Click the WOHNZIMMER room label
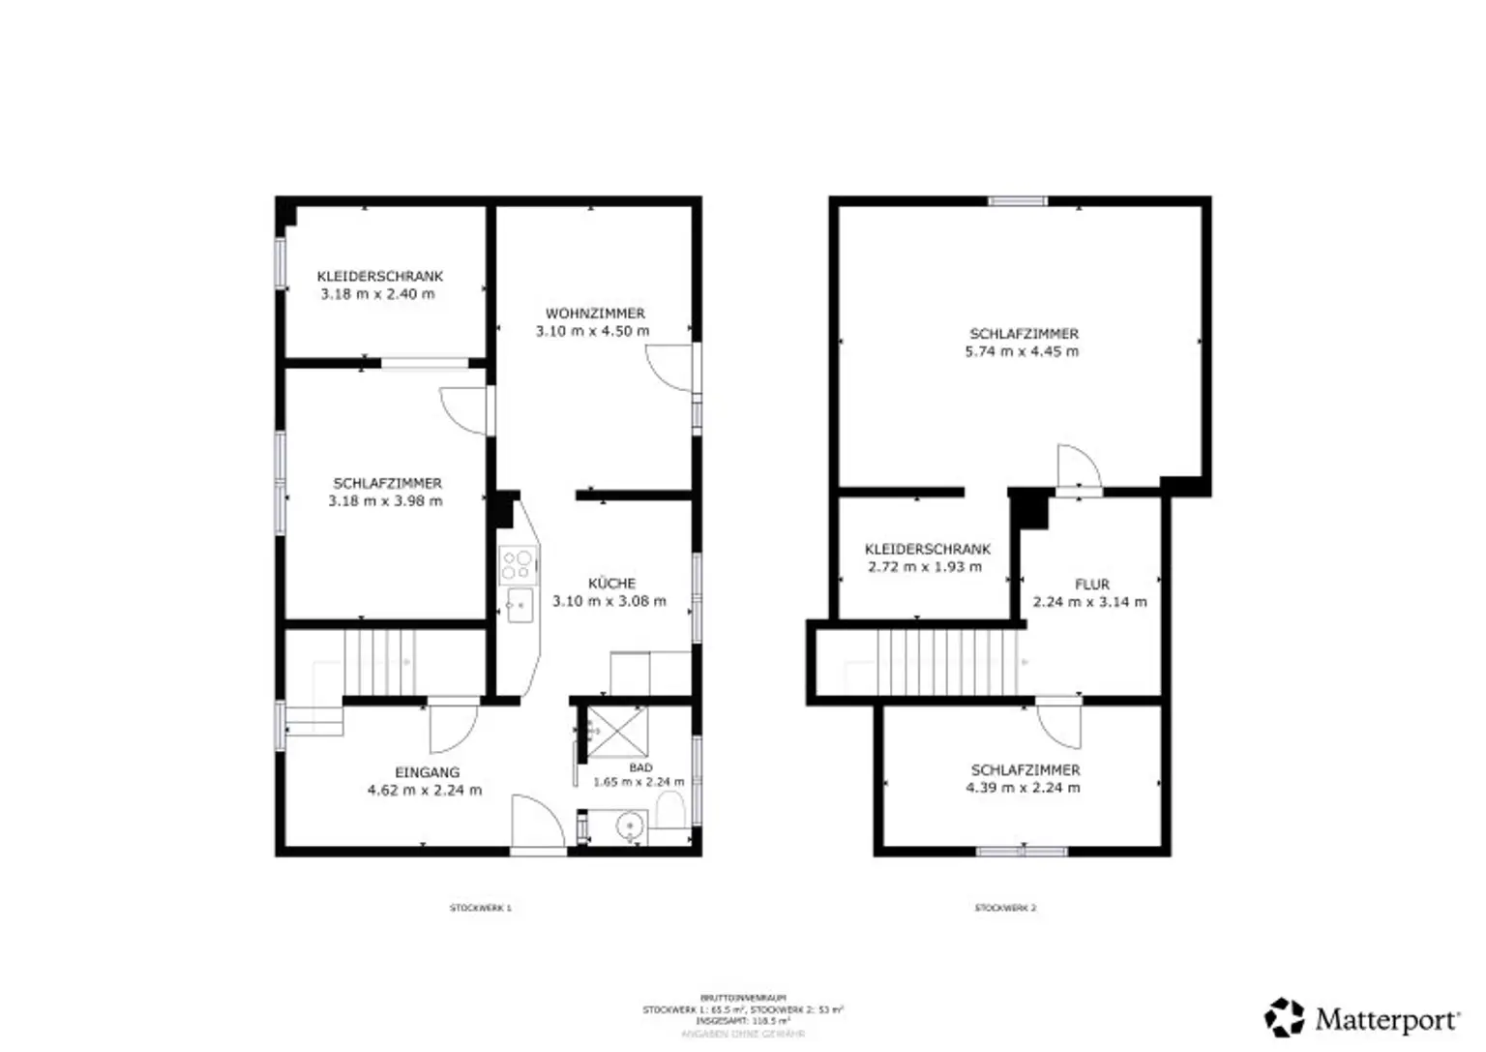(595, 314)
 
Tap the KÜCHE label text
(611, 584)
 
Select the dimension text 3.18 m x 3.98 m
(385, 501)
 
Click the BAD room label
(640, 767)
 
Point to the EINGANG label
(427, 772)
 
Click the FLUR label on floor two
(1091, 585)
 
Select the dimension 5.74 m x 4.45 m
(1022, 351)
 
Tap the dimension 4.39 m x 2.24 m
(1023, 788)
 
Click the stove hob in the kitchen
(518, 565)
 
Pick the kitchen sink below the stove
(520, 605)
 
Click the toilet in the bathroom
(669, 809)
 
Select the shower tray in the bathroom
(617, 733)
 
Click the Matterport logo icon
(1285, 1018)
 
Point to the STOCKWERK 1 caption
(480, 908)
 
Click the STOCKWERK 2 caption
(1005, 908)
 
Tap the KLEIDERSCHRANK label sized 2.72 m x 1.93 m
(927, 549)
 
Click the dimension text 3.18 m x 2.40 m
(377, 294)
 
